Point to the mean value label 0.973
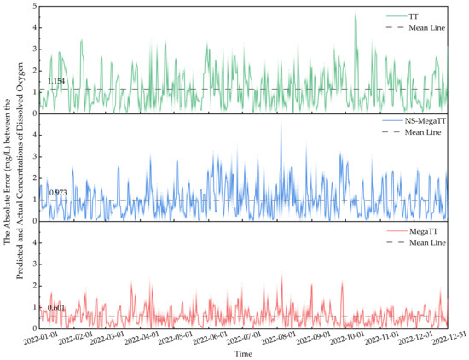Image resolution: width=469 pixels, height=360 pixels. pyautogui.click(x=58, y=193)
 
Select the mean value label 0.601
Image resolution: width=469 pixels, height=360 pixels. pyautogui.click(x=56, y=307)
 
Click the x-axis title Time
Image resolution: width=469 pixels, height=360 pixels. pyautogui.click(x=244, y=352)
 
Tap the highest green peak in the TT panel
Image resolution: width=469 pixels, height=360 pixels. pyautogui.click(x=356, y=15)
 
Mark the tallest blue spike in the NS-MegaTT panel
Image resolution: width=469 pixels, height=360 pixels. pyautogui.click(x=281, y=125)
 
